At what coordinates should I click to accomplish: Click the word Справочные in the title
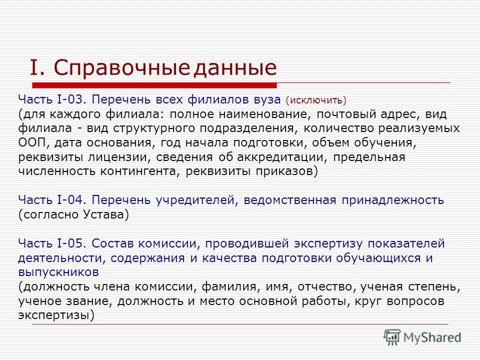pyautogui.click(x=121, y=67)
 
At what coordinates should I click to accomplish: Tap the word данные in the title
pyautogui.click(x=234, y=67)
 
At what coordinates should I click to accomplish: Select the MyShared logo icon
pyautogui.click(x=392, y=337)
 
